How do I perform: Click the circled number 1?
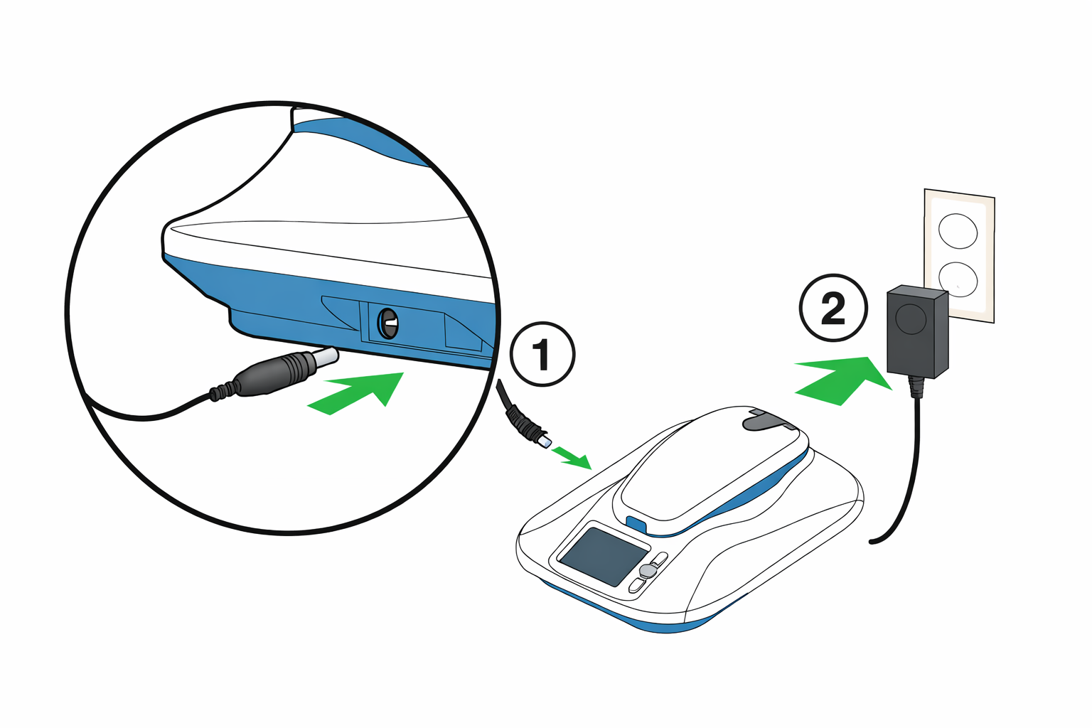click(542, 355)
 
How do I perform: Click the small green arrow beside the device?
click(573, 457)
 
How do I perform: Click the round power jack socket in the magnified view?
click(387, 324)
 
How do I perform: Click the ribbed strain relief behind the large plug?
click(223, 390)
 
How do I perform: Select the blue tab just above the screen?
click(636, 525)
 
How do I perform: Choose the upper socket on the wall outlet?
click(958, 231)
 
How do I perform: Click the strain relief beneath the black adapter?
click(917, 387)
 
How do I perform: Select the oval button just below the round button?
click(637, 585)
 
